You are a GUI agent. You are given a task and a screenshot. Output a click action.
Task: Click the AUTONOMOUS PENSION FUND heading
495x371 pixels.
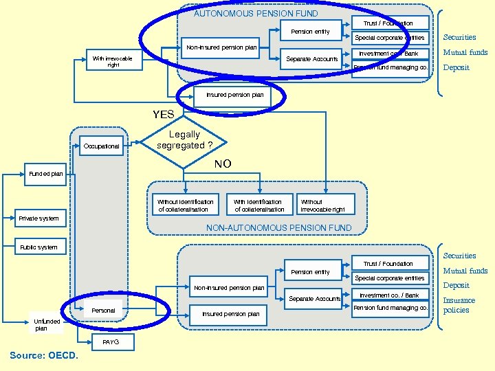point(256,13)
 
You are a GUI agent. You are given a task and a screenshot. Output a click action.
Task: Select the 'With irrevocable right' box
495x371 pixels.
point(113,62)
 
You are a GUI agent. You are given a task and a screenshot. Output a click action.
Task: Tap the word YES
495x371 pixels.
point(163,114)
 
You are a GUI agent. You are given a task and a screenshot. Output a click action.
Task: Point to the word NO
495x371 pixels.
point(223,164)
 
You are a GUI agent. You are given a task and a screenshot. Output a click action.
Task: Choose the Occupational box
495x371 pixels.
point(101,146)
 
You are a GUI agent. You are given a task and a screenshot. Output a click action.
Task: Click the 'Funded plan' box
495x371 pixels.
point(46,174)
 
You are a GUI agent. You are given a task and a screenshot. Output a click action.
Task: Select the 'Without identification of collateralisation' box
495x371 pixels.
point(186,205)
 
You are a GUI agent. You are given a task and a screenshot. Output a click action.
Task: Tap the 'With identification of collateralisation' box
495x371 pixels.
point(258,205)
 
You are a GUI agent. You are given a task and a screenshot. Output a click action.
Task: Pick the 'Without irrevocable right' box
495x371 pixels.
point(322,205)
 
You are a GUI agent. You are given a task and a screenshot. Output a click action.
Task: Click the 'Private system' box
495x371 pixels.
point(39,218)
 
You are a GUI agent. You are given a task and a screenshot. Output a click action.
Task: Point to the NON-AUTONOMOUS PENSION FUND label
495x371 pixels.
point(278,228)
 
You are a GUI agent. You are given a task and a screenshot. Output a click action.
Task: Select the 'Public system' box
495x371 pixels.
point(39,247)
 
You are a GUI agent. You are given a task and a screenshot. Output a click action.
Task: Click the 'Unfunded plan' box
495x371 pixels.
point(47,324)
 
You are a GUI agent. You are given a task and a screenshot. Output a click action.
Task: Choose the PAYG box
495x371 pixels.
point(110,341)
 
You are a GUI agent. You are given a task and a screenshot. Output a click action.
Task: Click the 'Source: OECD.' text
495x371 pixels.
point(44,355)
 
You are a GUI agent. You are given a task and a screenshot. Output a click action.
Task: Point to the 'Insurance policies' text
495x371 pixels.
point(459,305)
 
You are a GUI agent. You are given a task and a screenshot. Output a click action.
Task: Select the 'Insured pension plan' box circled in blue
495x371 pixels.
point(234,95)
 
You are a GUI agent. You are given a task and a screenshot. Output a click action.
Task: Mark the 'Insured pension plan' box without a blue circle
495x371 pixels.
point(230,314)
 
